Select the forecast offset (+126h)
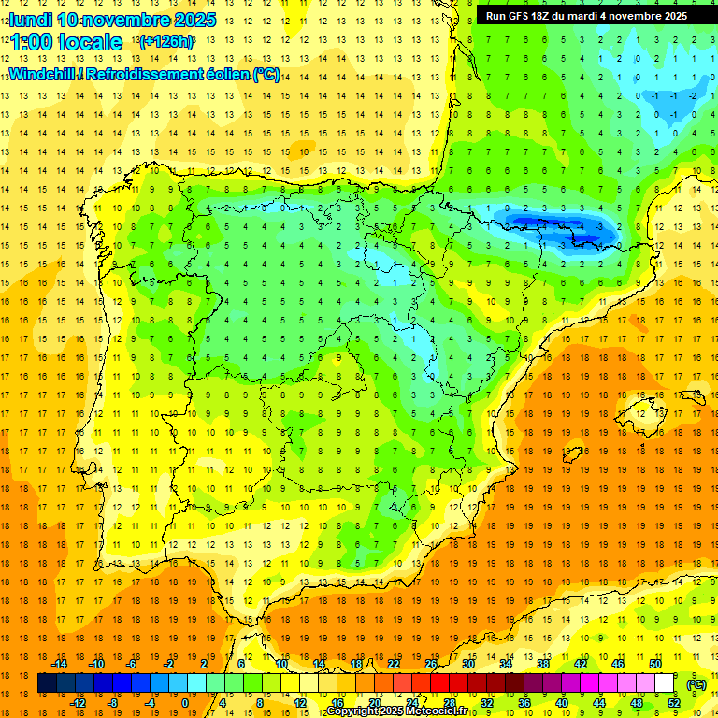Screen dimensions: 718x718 pos(166,42)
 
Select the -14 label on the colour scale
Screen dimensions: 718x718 pos(59,663)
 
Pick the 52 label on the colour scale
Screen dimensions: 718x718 pos(673,703)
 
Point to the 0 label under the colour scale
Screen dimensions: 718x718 pos(185,703)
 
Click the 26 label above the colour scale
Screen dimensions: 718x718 pos(431,663)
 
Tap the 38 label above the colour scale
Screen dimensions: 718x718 pos(542,663)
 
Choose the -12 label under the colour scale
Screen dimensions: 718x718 pos(78,703)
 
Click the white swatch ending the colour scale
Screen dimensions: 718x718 pos(665,683)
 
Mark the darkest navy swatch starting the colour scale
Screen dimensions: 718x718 pos(47,683)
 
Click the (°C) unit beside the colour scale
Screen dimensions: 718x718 pos(696,683)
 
